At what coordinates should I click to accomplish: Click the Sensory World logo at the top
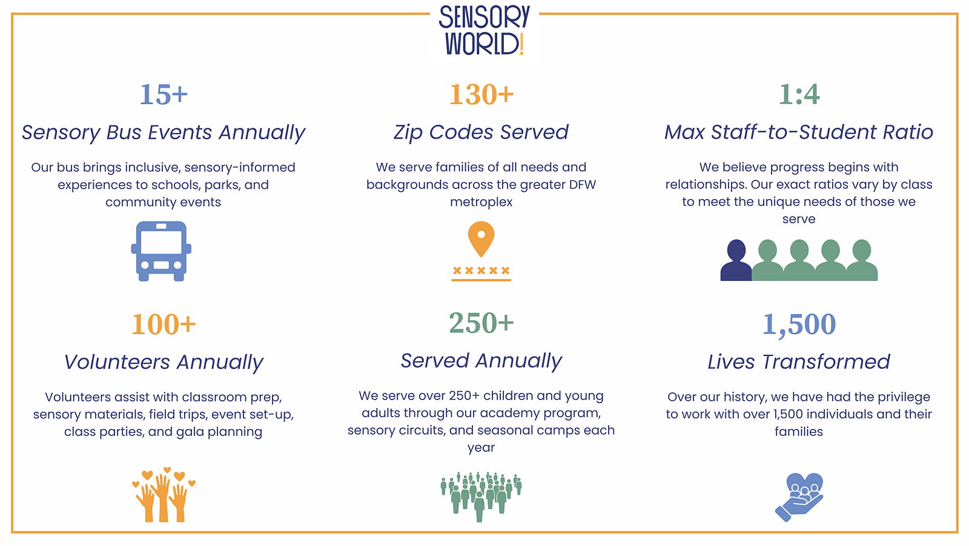click(484, 30)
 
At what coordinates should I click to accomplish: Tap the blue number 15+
click(164, 94)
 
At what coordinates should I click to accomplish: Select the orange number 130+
click(481, 94)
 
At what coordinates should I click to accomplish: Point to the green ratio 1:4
click(799, 94)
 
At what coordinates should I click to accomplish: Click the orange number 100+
click(164, 324)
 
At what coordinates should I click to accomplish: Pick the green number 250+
click(481, 323)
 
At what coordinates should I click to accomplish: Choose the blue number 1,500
click(799, 324)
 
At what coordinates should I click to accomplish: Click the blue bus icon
click(161, 251)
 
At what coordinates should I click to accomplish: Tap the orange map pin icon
click(481, 239)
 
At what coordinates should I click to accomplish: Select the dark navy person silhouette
click(736, 261)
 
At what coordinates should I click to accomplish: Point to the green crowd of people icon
click(481, 496)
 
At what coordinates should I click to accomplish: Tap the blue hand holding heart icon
click(799, 497)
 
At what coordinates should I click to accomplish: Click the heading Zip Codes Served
click(481, 133)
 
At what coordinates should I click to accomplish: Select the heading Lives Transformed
click(799, 362)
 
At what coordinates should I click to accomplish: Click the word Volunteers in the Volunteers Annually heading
click(117, 362)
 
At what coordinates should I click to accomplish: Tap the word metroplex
click(481, 202)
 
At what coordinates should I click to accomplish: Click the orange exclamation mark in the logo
click(521, 45)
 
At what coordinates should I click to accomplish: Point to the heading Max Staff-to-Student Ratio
click(799, 133)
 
